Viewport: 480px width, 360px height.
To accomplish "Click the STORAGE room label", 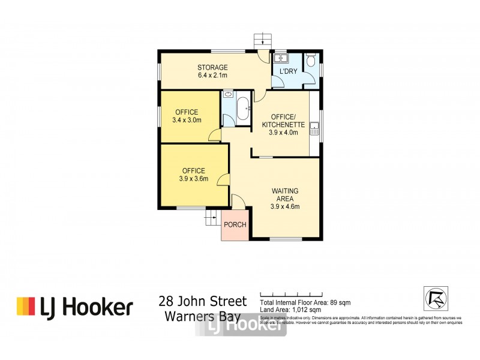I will (213, 67).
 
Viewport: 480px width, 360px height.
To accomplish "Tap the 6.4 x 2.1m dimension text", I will (213, 76).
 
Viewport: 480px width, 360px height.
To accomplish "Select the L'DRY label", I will (289, 71).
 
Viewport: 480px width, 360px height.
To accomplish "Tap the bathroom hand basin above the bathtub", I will (229, 95).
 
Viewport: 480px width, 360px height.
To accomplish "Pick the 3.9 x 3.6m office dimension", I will (193, 179).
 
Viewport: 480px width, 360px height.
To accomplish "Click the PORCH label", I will (235, 225).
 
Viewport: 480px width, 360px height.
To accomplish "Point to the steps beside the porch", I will (211, 218).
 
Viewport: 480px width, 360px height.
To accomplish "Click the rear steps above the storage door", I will (260, 40).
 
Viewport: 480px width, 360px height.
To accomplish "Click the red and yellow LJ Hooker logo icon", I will (25, 307).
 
